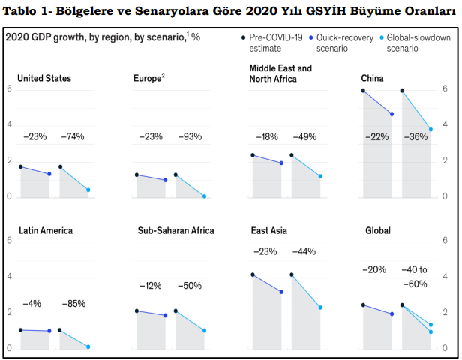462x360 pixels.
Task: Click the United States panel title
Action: point(44,77)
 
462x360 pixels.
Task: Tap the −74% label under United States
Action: point(73,136)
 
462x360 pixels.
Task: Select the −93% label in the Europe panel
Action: point(190,136)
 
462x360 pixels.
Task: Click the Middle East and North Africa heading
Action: point(280,73)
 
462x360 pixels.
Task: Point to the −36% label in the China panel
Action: point(415,136)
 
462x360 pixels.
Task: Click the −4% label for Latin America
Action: point(34,304)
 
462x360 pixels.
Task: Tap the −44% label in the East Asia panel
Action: point(305,251)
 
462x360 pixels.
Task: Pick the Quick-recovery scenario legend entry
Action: point(341,43)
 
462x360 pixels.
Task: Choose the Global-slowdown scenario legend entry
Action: point(418,43)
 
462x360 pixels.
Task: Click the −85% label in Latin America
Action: point(73,304)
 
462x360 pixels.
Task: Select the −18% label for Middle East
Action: point(266,136)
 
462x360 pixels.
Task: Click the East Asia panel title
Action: point(268,230)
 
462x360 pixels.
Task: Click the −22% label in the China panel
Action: point(377,136)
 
